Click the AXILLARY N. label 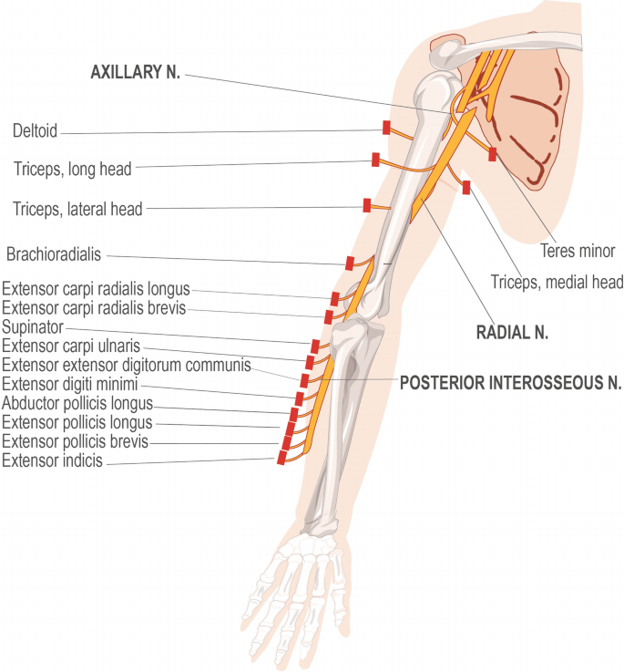click(x=135, y=73)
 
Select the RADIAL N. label click(x=512, y=333)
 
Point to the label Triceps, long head click(x=73, y=168)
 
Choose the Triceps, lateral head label click(x=77, y=209)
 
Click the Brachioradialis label click(x=54, y=253)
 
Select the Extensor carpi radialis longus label click(x=95, y=290)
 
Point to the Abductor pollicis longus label click(x=77, y=404)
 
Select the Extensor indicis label click(x=53, y=461)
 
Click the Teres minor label click(x=578, y=250)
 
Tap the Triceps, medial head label click(x=556, y=283)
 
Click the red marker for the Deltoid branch click(x=386, y=129)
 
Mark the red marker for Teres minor click(x=493, y=154)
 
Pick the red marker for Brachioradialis click(x=350, y=264)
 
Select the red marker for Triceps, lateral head click(x=366, y=206)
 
